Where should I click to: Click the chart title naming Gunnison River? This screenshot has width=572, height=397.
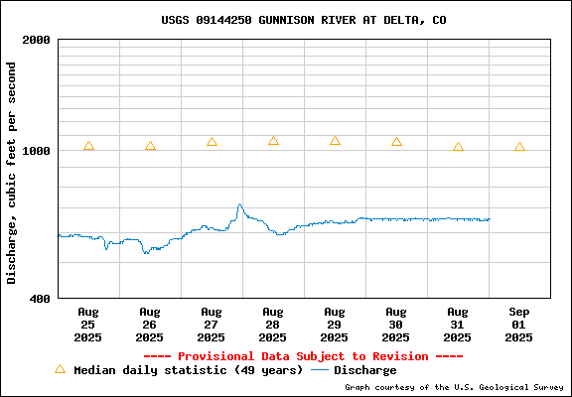(x=304, y=20)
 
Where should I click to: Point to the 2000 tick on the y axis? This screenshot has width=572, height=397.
(x=36, y=40)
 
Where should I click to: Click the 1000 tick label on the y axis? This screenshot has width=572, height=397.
(x=36, y=150)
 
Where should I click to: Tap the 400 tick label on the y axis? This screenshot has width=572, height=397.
(x=40, y=299)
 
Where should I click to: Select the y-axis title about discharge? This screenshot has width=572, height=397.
(x=11, y=173)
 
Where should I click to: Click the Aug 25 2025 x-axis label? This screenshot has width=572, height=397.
(x=88, y=325)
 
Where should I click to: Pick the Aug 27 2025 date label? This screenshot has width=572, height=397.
(x=212, y=325)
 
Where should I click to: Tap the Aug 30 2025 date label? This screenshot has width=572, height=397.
(x=396, y=325)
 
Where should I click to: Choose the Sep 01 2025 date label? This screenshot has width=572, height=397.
(x=518, y=325)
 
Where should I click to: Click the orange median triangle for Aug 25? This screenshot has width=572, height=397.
(x=88, y=146)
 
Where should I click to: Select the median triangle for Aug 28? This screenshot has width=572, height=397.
(x=273, y=141)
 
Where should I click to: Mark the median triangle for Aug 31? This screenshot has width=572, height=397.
(x=458, y=147)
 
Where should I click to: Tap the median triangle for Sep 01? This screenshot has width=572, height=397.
(x=519, y=147)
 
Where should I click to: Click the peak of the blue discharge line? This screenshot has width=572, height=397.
(x=239, y=204)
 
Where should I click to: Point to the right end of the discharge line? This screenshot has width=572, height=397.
(x=490, y=218)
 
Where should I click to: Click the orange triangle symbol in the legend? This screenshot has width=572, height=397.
(x=61, y=369)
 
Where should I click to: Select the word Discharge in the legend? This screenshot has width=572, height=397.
(x=365, y=370)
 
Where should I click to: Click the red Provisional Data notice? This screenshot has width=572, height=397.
(x=304, y=356)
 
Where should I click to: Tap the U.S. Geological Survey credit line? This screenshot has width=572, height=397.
(x=454, y=387)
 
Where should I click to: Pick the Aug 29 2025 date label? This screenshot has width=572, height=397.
(x=334, y=325)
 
